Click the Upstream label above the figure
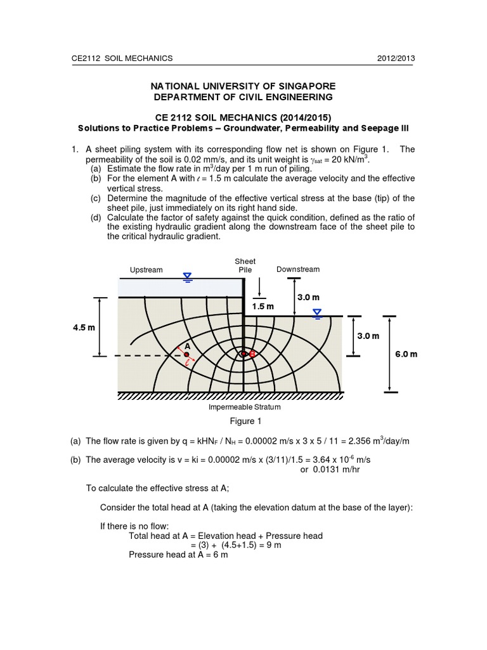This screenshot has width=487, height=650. click(146, 270)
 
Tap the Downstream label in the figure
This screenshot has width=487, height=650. click(298, 269)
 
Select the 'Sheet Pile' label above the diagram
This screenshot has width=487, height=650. click(245, 265)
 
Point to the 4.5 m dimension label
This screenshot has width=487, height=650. click(83, 328)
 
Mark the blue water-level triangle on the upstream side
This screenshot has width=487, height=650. click(188, 275)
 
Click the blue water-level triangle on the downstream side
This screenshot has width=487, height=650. click(317, 312)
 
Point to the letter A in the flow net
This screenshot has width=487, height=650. click(187, 346)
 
